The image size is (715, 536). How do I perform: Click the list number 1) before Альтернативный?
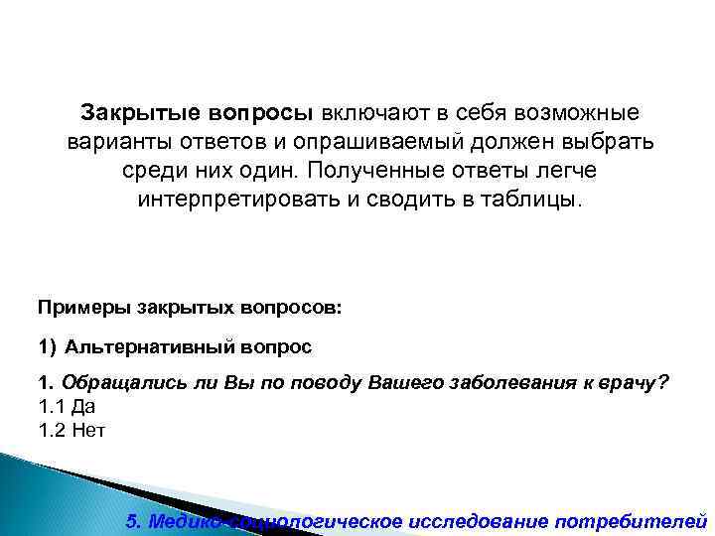point(48,346)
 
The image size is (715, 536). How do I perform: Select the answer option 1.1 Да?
point(66,408)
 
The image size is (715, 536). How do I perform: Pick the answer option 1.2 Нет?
point(70,431)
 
